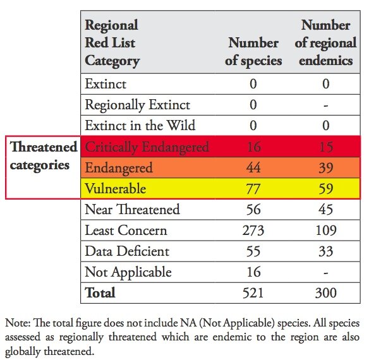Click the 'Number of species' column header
[x=253, y=52]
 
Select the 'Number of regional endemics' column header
[x=325, y=43]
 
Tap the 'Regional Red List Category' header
[x=112, y=43]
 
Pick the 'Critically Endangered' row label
[x=147, y=147]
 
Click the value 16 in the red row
[x=253, y=147]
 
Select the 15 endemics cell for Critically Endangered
[x=326, y=147]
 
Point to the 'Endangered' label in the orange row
[x=119, y=168]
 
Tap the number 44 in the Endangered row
[x=253, y=168]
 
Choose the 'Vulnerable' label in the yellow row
[x=116, y=189]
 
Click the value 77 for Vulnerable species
[x=253, y=189]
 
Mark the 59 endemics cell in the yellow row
[x=326, y=189]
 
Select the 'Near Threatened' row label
[x=132, y=210]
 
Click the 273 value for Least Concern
[x=253, y=231]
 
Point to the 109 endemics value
[x=326, y=231]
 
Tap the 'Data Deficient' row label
[x=127, y=251]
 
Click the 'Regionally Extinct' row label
[x=137, y=105]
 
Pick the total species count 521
[x=253, y=293]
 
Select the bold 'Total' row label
[x=100, y=293]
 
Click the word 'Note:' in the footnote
[x=18, y=324]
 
